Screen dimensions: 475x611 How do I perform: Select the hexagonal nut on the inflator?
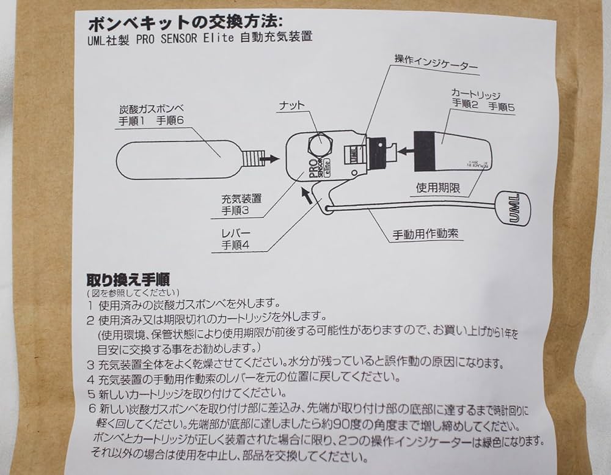(320, 144)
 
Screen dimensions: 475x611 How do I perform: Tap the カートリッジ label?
(476, 94)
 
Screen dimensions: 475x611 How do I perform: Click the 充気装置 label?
(241, 199)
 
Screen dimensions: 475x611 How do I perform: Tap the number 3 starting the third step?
(90, 364)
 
